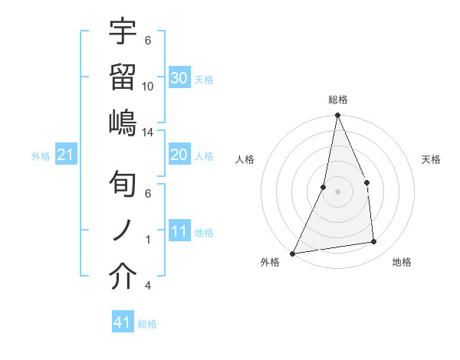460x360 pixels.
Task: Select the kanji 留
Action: [123, 77]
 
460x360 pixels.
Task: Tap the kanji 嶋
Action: [123, 122]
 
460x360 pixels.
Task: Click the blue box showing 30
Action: [179, 78]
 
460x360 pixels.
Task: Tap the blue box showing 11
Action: [179, 231]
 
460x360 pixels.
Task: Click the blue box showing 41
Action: [123, 323]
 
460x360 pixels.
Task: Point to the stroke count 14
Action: [148, 132]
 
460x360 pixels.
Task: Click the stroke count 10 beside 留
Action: [148, 86]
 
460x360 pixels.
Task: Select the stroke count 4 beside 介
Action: [148, 286]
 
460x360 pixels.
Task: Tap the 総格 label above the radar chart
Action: [337, 100]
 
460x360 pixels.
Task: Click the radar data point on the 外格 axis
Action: [292, 253]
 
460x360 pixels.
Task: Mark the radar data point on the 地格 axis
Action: [374, 242]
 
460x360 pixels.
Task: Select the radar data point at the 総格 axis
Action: [337, 116]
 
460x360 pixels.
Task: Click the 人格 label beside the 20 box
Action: [204, 155]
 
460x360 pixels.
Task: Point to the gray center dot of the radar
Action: [337, 191]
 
